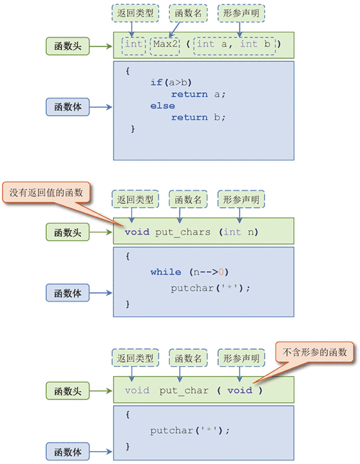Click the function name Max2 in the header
(x=165, y=45)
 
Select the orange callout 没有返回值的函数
(x=47, y=193)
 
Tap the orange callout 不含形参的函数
(x=315, y=352)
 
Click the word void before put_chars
(x=137, y=232)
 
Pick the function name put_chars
(x=183, y=232)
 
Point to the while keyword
(x=166, y=272)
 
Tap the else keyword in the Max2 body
(x=163, y=106)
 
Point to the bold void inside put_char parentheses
(x=240, y=391)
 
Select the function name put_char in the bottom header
(x=184, y=391)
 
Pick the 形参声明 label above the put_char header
(x=241, y=358)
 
